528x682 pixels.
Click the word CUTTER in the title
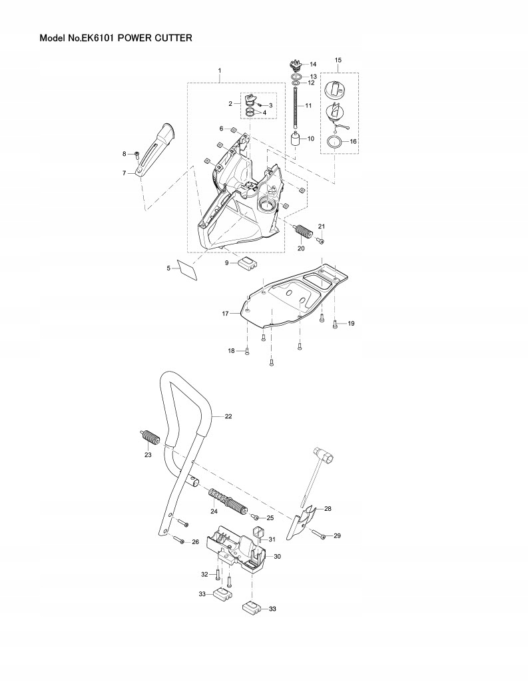point(171,39)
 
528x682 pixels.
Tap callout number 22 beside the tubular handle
point(228,416)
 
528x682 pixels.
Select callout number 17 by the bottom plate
point(226,312)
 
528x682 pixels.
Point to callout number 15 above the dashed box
point(338,61)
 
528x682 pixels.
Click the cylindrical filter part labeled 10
point(294,141)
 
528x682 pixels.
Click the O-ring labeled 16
point(336,142)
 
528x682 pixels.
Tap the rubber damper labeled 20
point(304,234)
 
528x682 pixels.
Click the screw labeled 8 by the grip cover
point(136,155)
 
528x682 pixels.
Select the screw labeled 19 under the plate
point(336,324)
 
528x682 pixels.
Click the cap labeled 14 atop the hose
point(294,65)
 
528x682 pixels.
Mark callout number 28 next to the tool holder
point(327,508)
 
